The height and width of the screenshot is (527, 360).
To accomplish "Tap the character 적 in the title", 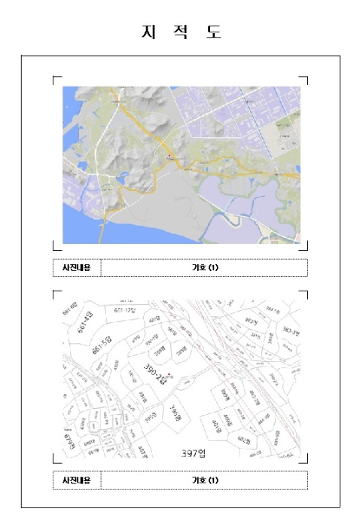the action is [x=181, y=32].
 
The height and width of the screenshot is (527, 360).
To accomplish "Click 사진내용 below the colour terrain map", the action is [x=76, y=267].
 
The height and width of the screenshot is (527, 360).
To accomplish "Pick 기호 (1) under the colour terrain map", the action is [x=204, y=267].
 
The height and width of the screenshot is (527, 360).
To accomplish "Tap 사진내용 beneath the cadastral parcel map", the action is [x=76, y=480].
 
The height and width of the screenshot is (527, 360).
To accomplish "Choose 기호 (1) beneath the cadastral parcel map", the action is [x=204, y=480].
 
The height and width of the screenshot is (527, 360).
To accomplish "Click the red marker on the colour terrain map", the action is [x=170, y=157].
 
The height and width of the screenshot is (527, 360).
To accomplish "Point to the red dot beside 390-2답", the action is [x=172, y=374].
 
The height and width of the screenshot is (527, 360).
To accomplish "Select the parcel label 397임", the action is [x=194, y=452].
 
